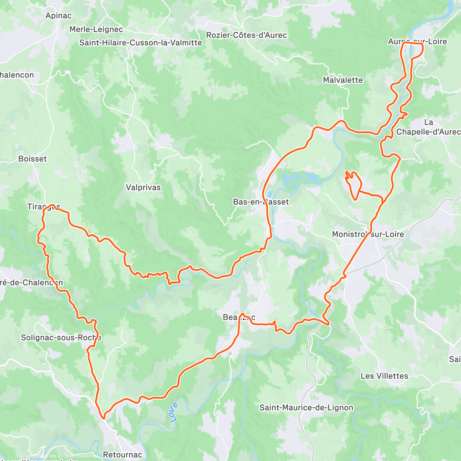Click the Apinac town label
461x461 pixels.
[x=58, y=16]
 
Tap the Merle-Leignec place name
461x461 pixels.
[x=96, y=29]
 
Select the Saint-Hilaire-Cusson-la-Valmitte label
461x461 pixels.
[x=141, y=43]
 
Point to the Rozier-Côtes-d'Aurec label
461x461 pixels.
[x=246, y=35]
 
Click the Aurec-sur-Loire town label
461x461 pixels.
[x=417, y=41]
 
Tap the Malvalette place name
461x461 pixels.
[x=343, y=80]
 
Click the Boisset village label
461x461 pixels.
[x=33, y=159]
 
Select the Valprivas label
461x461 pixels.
[x=143, y=187]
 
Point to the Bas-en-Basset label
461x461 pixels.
[x=261, y=202]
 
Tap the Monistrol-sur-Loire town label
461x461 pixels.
[x=368, y=234]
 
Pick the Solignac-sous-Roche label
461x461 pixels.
[x=61, y=338]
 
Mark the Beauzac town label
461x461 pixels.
[x=239, y=317]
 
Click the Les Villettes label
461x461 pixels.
[x=384, y=376]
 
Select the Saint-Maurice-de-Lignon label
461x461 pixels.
[x=306, y=408]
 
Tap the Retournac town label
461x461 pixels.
[x=123, y=454]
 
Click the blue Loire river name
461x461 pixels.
[x=174, y=412]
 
